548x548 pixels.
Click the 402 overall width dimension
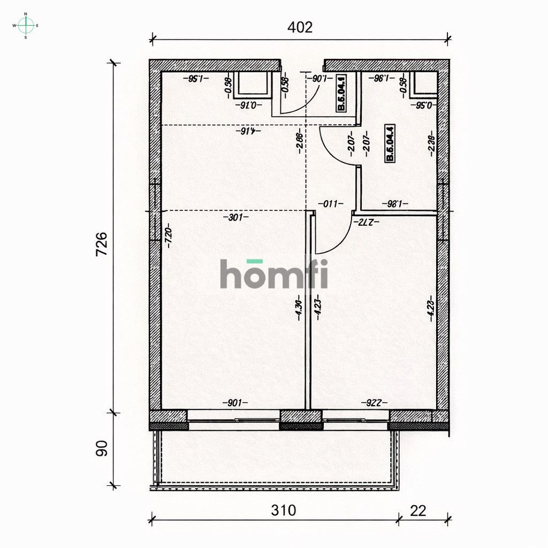pos(300,27)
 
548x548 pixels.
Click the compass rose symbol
pos(26,25)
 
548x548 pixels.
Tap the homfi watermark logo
pos(274,274)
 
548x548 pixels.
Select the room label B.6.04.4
pos(390,143)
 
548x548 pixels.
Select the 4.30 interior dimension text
pos(299,309)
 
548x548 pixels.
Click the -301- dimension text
pos(235,218)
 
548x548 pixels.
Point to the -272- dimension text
pos(369,221)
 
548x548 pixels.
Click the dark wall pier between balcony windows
pos(301,420)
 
